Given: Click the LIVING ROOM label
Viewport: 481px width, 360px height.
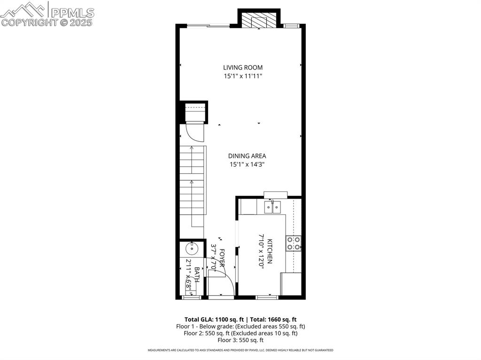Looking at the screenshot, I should pos(243,68).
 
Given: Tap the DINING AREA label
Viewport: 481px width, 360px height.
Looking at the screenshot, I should pos(247,156).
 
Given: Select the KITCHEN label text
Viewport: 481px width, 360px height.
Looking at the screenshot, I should pos(270,251).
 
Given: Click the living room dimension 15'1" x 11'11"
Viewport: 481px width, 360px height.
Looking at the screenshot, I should pos(243,76).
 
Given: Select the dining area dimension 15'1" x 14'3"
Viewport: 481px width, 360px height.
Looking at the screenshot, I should pos(247,164).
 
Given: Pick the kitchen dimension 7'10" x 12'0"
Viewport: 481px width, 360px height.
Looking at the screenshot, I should pos(261,251).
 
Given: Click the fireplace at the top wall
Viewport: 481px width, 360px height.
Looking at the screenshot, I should pos(259,20).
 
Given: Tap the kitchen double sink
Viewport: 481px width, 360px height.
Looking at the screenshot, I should pos(272,207).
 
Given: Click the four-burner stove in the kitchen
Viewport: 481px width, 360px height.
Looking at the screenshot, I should pos(294,244).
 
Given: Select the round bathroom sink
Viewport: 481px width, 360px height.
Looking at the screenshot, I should pos(192,248).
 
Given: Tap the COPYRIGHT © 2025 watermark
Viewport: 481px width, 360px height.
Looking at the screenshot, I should pos(47,22).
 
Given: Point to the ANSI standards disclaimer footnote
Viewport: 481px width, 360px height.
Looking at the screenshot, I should pos(240,350).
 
